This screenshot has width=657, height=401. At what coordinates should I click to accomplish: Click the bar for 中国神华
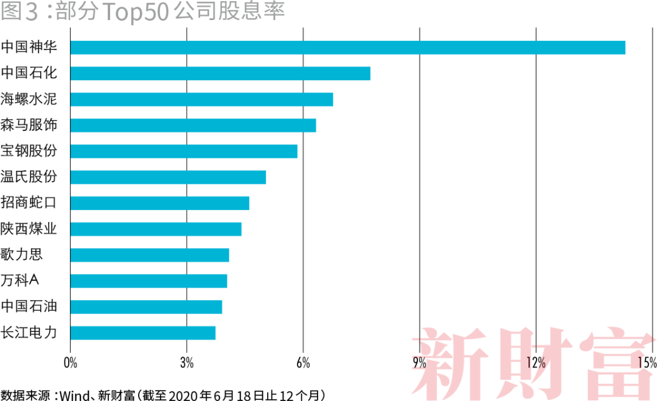(347, 47)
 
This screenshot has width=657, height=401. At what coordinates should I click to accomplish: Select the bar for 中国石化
(220, 74)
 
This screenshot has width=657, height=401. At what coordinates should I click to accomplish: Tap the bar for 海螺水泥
(201, 99)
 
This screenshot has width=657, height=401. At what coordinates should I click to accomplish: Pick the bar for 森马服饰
(193, 125)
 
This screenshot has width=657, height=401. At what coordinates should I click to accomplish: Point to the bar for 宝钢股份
(184, 151)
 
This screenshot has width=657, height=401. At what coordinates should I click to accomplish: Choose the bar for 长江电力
(143, 333)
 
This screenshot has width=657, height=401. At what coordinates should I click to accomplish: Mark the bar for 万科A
(148, 281)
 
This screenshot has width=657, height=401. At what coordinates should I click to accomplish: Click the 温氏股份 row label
(29, 177)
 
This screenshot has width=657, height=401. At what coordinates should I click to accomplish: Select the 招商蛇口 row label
(29, 203)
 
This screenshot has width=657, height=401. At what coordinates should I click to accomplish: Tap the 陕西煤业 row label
(29, 229)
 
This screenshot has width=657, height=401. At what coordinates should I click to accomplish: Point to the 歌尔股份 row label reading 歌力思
(22, 255)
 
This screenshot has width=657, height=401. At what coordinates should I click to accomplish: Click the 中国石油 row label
(29, 307)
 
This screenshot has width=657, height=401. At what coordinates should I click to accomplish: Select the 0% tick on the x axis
(71, 363)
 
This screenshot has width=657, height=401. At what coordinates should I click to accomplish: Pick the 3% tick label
(187, 363)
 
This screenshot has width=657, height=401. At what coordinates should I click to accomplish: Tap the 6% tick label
(303, 363)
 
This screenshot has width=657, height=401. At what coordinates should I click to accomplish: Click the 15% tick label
(648, 363)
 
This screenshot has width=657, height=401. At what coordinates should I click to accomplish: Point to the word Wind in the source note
(74, 394)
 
